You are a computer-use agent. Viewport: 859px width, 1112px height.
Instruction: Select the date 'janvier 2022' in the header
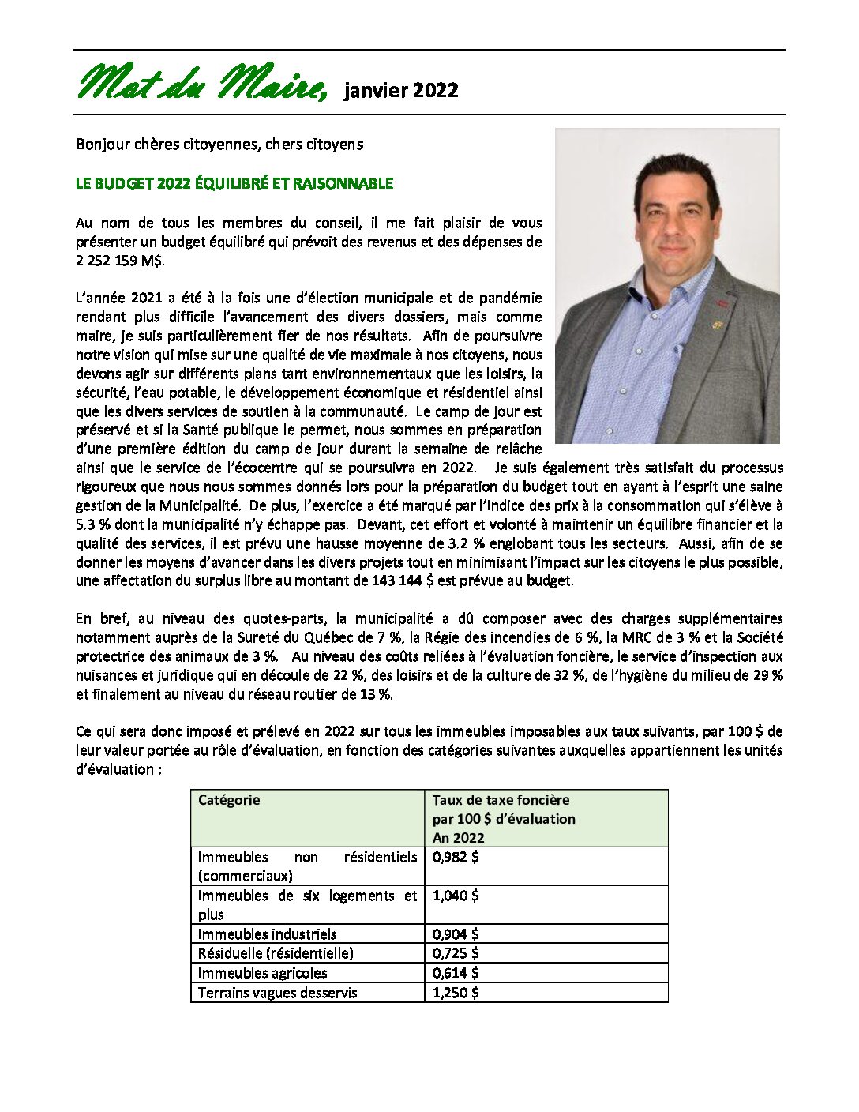click(401, 90)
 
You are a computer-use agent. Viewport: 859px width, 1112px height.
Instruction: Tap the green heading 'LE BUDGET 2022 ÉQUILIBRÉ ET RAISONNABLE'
click(234, 184)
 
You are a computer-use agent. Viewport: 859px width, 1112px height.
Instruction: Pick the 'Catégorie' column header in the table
click(229, 800)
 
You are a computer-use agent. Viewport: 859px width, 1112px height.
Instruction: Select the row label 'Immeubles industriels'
click(267, 934)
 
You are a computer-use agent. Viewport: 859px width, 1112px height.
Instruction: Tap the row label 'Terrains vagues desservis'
click(277, 993)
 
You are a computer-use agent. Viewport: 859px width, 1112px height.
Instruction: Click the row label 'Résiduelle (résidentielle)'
click(276, 953)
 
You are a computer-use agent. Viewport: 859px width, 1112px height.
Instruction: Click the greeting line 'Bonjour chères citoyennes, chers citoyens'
click(219, 145)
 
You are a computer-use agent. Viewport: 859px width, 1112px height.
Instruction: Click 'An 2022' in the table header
click(458, 838)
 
